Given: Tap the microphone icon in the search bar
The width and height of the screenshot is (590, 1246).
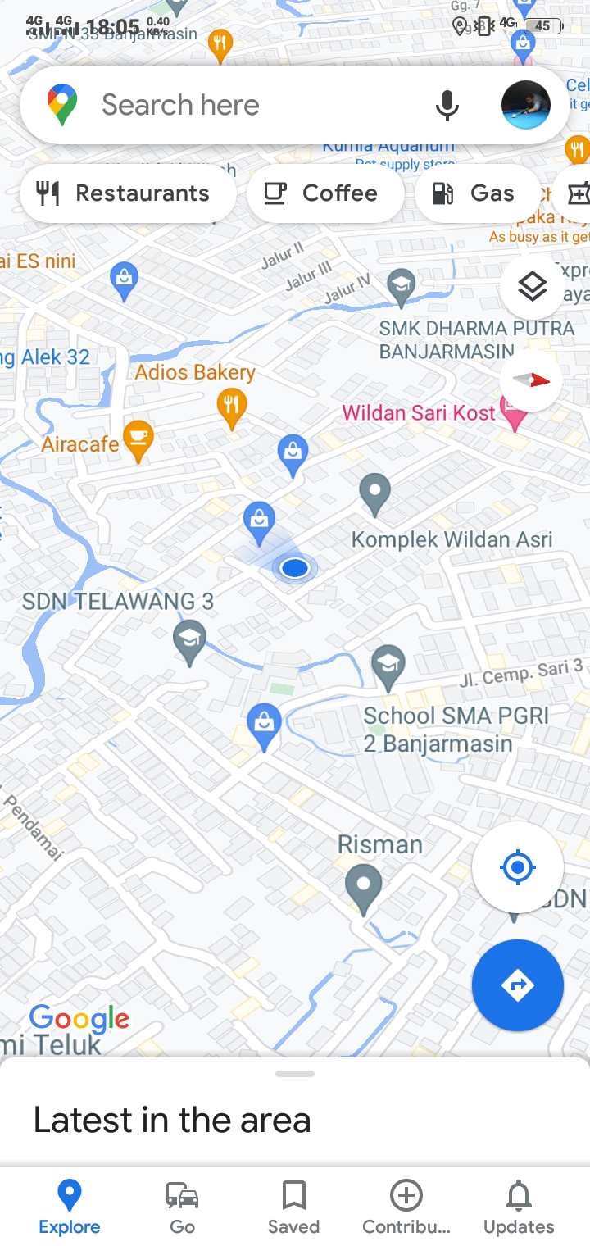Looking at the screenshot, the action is click(447, 106).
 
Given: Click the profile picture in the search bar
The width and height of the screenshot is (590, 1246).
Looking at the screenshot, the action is click(525, 106).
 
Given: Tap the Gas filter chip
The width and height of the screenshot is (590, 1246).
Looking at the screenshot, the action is click(477, 193).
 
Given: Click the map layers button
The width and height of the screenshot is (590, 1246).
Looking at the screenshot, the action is click(532, 287).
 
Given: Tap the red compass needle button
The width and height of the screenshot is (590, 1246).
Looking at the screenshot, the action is click(531, 380).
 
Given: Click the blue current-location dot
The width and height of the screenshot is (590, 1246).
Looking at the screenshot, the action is click(294, 567).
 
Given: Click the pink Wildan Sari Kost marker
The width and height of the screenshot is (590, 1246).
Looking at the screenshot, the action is click(514, 414).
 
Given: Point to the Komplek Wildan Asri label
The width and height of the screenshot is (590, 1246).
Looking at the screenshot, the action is click(452, 539).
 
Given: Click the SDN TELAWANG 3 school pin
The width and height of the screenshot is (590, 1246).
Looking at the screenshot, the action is click(190, 639).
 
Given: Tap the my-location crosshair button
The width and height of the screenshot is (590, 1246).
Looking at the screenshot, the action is click(517, 866).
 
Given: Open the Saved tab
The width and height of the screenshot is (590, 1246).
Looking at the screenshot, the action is click(293, 1207).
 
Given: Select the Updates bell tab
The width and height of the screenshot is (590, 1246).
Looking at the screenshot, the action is click(518, 1207).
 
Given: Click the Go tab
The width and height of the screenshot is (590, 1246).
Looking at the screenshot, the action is click(182, 1207).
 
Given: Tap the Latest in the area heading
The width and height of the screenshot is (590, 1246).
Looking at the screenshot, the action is click(172, 1120).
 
